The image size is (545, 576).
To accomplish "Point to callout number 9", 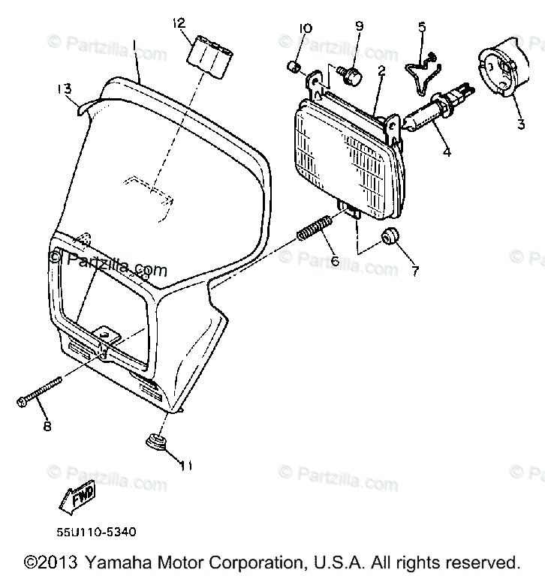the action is click(359, 26).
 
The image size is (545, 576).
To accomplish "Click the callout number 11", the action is click(185, 466).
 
